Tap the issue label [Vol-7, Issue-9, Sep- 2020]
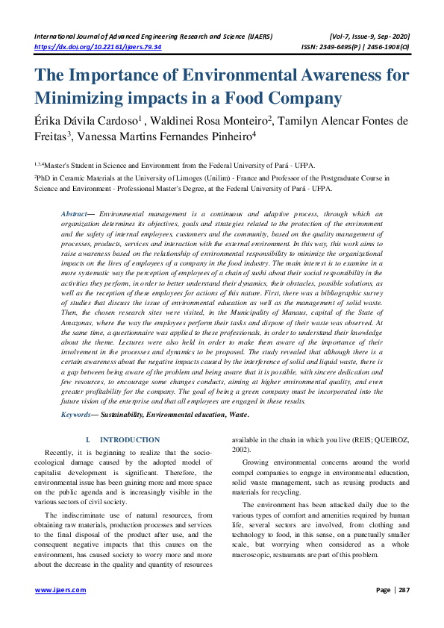point(369,36)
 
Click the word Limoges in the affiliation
point(225,178)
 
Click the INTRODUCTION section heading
point(130,440)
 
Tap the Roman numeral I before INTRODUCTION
point(88,440)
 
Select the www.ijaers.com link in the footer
point(60,590)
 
